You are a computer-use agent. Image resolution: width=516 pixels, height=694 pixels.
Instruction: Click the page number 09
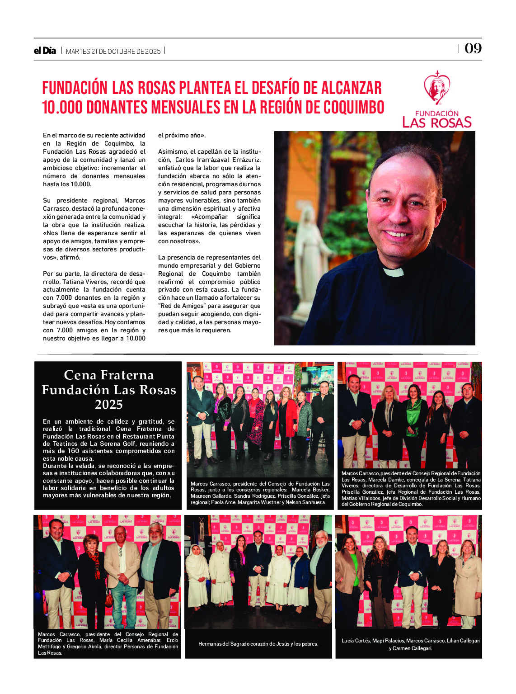(473, 48)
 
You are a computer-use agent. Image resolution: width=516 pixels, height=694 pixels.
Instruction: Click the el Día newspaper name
(45, 51)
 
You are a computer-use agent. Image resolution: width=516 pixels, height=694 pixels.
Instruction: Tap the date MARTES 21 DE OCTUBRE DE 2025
(113, 52)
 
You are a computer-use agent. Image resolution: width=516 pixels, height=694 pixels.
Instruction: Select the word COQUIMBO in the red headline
(354, 108)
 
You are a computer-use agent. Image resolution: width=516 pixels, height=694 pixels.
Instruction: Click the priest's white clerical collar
(393, 272)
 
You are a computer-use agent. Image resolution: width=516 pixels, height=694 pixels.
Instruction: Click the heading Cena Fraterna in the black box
(108, 375)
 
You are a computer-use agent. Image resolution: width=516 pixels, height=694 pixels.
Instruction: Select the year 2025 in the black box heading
(108, 404)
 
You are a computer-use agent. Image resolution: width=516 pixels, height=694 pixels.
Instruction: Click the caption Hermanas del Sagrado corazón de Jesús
(258, 643)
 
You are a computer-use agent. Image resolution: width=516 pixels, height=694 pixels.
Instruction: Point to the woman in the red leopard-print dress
(256, 423)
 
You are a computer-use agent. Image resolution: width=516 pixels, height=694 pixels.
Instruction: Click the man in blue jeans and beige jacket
(122, 574)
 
